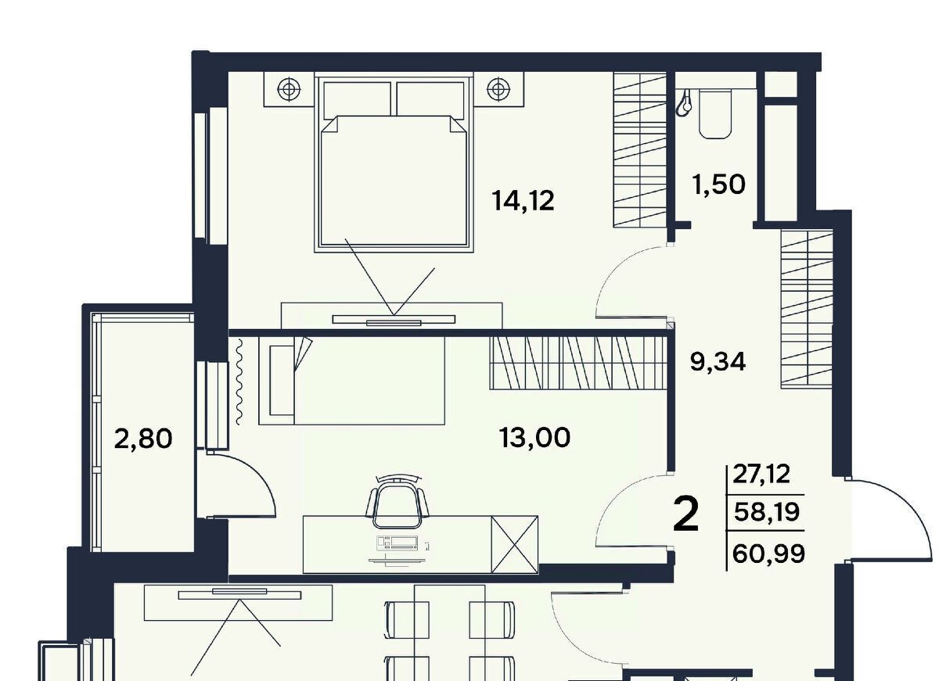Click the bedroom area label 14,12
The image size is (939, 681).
[523, 201]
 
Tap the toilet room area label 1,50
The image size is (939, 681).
[719, 185]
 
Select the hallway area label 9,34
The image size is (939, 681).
[718, 362]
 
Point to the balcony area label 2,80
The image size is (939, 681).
[143, 439]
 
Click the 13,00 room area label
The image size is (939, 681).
[534, 438]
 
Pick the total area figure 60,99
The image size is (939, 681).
[768, 554]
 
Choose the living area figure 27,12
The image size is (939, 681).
[761, 474]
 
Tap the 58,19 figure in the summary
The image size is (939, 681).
[767, 512]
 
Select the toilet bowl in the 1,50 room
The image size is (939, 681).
[715, 113]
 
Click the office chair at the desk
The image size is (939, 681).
[398, 503]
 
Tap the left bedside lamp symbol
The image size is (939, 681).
[289, 89]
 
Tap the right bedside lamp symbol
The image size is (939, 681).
[498, 89]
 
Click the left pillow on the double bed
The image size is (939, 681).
[357, 99]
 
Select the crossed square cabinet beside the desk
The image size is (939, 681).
[514, 544]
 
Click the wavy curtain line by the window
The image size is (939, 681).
[239, 382]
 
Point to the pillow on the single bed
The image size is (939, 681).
[282, 381]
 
